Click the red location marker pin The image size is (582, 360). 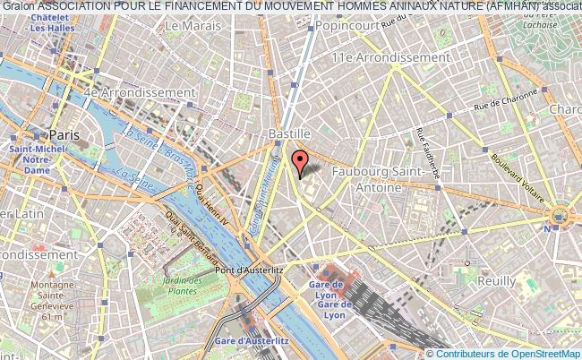coord(300,162)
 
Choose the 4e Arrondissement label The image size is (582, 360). coord(140,92)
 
